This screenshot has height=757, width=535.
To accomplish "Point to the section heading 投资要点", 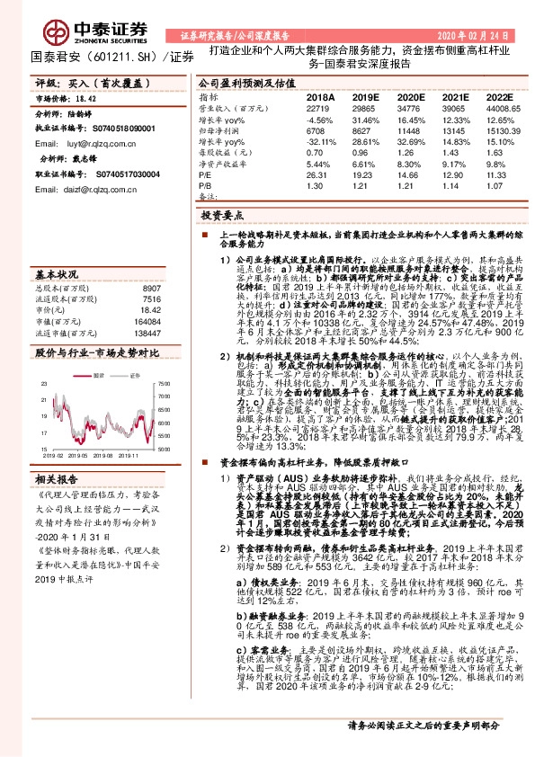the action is pyautogui.click(x=222, y=217).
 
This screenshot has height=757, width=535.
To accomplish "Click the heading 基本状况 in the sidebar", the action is pyautogui.click(x=55, y=272).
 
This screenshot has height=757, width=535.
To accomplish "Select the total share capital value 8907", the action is pyautogui.click(x=151, y=287).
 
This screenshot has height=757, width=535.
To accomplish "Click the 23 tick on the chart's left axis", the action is pyautogui.click(x=43, y=359).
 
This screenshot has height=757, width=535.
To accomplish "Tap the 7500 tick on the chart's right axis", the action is pyautogui.click(x=162, y=359).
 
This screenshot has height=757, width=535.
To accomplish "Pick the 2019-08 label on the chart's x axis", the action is pyautogui.click(x=100, y=455).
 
